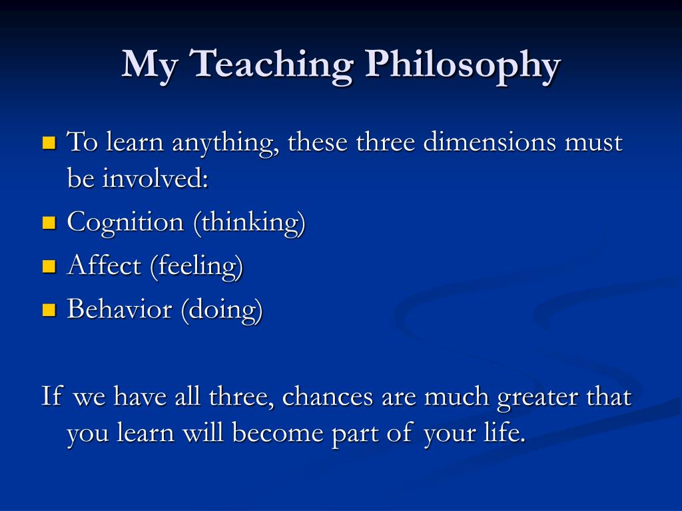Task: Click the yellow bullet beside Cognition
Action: (x=49, y=222)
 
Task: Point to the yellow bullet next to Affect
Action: (x=49, y=266)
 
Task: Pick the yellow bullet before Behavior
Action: (x=49, y=309)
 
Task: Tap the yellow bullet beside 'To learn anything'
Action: (x=49, y=142)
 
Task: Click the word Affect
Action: (x=104, y=265)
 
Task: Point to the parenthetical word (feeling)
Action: (x=196, y=267)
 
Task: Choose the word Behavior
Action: (x=120, y=309)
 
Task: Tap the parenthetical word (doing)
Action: (x=222, y=310)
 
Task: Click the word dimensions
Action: (x=490, y=142)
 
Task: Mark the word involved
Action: (x=155, y=178)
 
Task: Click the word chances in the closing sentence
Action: (x=328, y=397)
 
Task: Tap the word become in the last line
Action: (x=277, y=432)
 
